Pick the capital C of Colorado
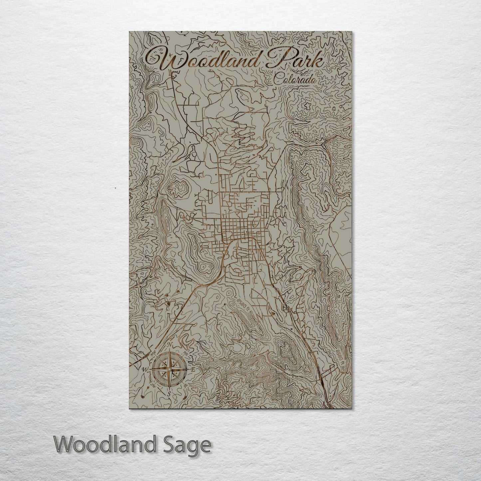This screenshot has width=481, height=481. tap(278, 79)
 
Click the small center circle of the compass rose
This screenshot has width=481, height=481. tap(169, 370)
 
